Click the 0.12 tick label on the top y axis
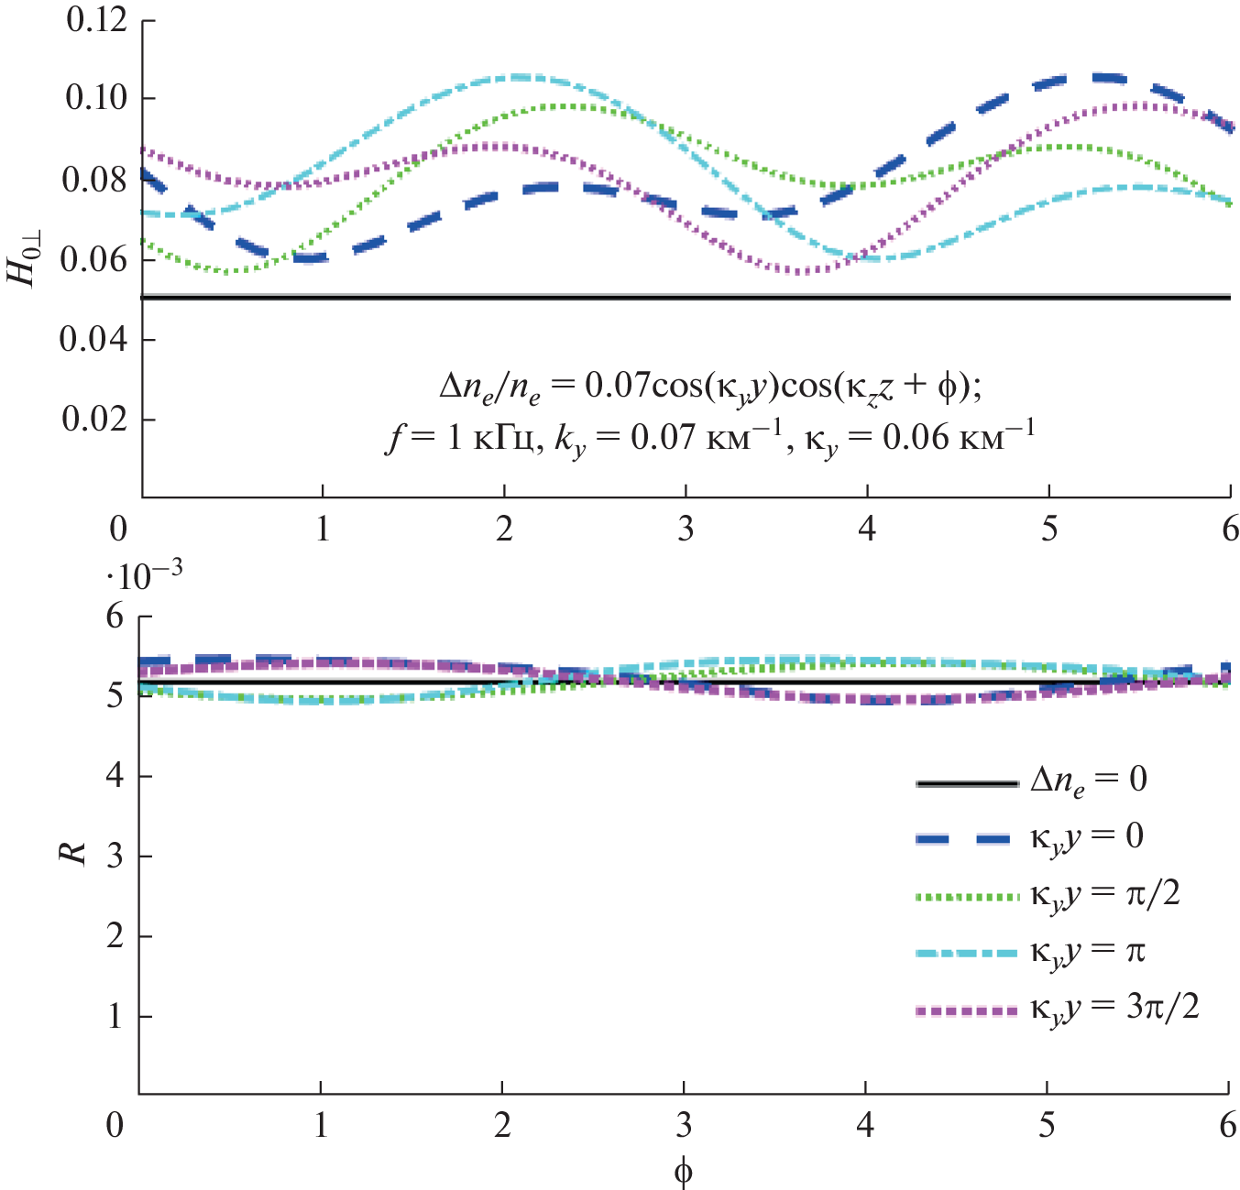[x=96, y=19]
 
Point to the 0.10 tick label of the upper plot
[x=96, y=97]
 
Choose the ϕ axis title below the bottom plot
[x=683, y=1171]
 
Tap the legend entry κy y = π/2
[x=1105, y=894]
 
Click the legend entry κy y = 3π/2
[x=1114, y=1009]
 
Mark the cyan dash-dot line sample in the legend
[x=967, y=953]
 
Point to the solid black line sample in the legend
[x=967, y=783]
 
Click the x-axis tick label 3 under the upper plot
[x=686, y=529]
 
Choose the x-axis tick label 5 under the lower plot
[x=1047, y=1125]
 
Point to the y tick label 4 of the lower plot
[x=115, y=776]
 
